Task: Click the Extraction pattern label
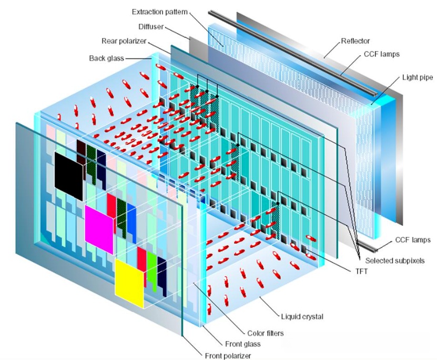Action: (160, 12)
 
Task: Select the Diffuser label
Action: (151, 27)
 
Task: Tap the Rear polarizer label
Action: (124, 41)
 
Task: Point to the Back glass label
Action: (106, 58)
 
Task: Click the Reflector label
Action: (355, 41)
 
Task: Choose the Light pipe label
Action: (418, 77)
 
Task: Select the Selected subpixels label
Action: (395, 261)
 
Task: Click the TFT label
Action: (361, 271)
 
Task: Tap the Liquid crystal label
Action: (302, 317)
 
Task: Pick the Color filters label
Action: (266, 333)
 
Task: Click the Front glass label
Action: (243, 344)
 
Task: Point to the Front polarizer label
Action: (228, 356)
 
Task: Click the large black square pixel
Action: (69, 176)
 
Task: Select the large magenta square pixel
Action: (99, 229)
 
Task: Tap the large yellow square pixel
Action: (129, 283)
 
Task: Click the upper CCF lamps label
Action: (382, 54)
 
